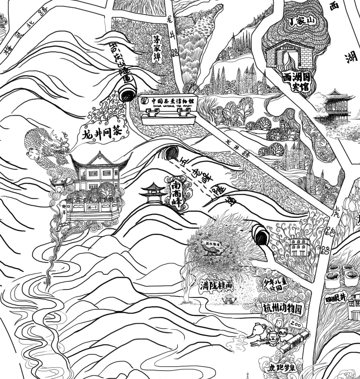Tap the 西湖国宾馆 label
coord(296,82)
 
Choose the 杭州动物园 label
coord(281,308)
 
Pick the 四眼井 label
coord(335,299)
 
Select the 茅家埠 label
coord(156,48)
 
